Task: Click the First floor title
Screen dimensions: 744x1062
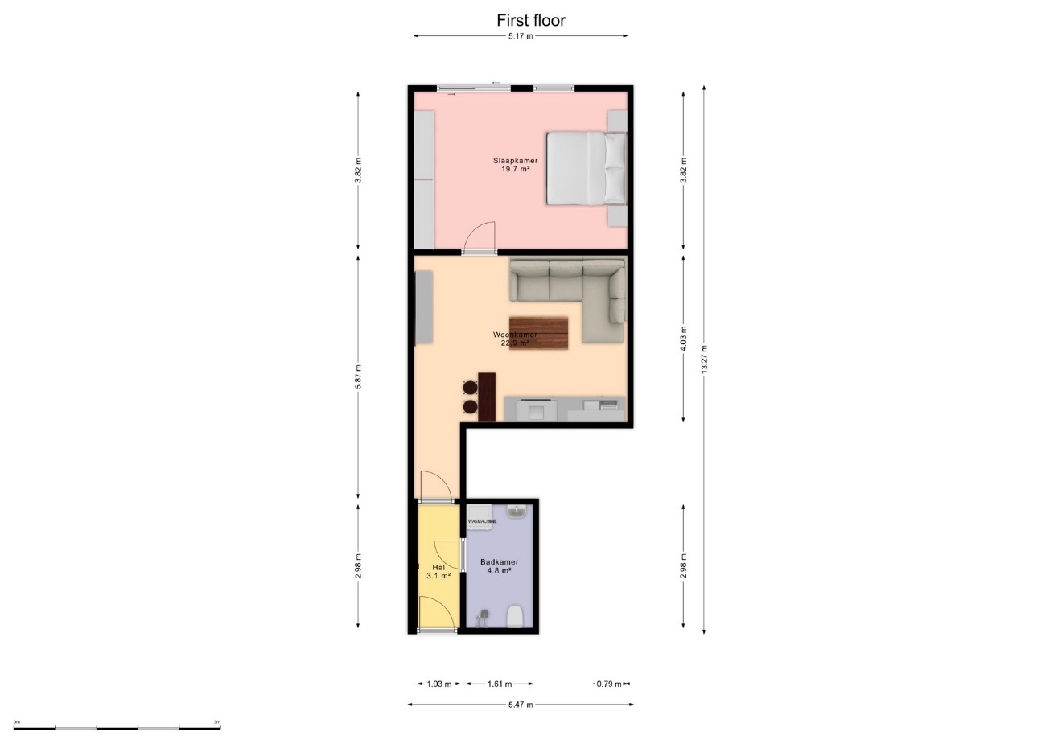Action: (x=530, y=20)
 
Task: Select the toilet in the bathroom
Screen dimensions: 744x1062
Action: (x=515, y=617)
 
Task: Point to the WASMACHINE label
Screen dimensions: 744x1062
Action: (x=482, y=522)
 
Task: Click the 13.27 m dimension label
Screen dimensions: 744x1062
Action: (x=704, y=360)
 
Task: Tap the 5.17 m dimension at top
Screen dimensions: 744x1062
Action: (x=520, y=36)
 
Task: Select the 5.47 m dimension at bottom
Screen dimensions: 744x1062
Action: (x=520, y=705)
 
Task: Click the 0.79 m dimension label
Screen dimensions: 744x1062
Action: (x=608, y=684)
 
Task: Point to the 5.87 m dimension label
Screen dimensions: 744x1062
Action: (x=359, y=377)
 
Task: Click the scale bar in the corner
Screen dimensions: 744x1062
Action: (x=117, y=726)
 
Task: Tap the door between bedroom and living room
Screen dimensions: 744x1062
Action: (x=480, y=239)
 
